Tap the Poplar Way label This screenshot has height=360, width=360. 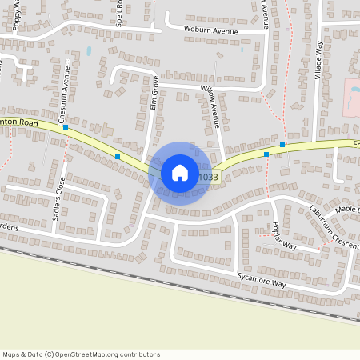click(x=285, y=236)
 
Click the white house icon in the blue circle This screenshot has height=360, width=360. click(x=179, y=173)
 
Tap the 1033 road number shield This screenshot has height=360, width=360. click(x=208, y=177)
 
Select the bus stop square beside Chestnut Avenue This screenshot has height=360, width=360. click(x=66, y=127)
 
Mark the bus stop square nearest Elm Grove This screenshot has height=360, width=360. click(x=118, y=157)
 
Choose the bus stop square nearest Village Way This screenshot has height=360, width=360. click(x=282, y=145)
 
